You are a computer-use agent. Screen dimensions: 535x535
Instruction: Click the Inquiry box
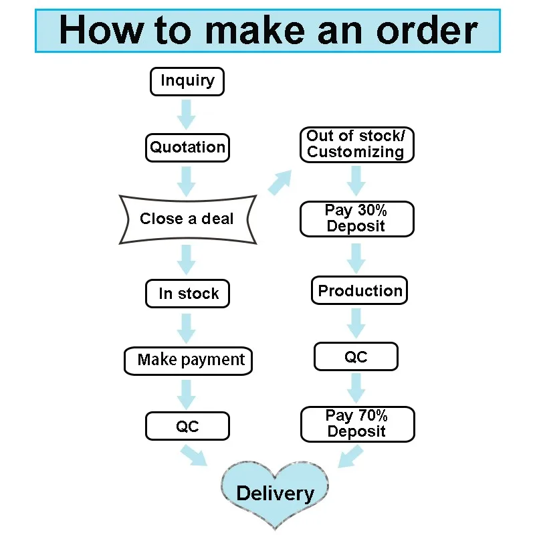pos(187,82)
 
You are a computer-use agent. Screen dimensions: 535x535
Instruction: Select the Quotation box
pos(187,147)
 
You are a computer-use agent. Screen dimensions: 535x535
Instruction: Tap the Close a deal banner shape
pos(187,219)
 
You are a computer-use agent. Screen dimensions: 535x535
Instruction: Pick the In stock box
pos(187,294)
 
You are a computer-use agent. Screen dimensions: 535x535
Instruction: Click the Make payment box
pos(189,360)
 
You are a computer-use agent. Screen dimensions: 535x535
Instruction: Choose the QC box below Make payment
pos(187,426)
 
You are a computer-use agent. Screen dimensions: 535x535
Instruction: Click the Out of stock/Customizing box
pos(356,144)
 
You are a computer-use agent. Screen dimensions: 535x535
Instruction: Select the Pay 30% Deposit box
pos(356,219)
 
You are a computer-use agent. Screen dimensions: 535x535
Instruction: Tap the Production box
pos(360,291)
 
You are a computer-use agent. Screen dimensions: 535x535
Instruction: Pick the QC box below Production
pos(356,357)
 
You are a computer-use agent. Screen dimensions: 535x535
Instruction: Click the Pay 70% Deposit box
pos(357,424)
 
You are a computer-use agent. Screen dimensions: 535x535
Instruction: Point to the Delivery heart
pos(275,494)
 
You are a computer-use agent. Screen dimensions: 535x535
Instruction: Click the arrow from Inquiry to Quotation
pos(187,114)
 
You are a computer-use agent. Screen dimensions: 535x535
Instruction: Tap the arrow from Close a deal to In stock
pos(187,260)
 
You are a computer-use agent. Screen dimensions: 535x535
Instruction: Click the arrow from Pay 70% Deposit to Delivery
pos(351,457)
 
